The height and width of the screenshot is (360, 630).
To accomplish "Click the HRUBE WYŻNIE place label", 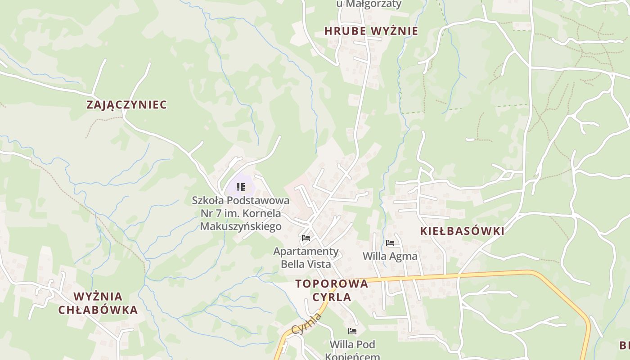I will [371, 31].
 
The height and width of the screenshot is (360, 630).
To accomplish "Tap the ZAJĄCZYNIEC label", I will [126, 105].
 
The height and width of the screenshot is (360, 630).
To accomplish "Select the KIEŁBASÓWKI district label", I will [462, 231].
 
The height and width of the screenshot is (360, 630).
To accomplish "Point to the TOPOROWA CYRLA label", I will [332, 290].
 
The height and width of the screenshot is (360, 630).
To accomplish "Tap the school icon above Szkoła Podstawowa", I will [241, 187].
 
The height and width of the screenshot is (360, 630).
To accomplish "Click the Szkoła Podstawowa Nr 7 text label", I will [241, 213].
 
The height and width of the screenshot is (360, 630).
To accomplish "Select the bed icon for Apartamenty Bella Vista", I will [306, 238].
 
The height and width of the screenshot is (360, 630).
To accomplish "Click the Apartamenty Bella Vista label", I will [306, 257].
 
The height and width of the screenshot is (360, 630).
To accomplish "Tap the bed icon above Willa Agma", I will [390, 243].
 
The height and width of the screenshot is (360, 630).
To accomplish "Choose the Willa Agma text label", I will [390, 256].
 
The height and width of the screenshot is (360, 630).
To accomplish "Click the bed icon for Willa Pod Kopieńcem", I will [352, 331].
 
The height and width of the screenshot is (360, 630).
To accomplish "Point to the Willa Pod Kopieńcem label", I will [352, 351].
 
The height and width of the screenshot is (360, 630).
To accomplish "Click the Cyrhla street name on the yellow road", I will [307, 324].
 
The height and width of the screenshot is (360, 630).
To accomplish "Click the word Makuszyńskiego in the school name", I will [241, 226].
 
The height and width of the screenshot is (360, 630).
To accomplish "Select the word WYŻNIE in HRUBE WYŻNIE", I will [395, 31].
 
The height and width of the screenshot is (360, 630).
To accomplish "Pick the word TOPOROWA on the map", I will [332, 284].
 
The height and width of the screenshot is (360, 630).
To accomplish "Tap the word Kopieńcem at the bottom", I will [352, 356].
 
